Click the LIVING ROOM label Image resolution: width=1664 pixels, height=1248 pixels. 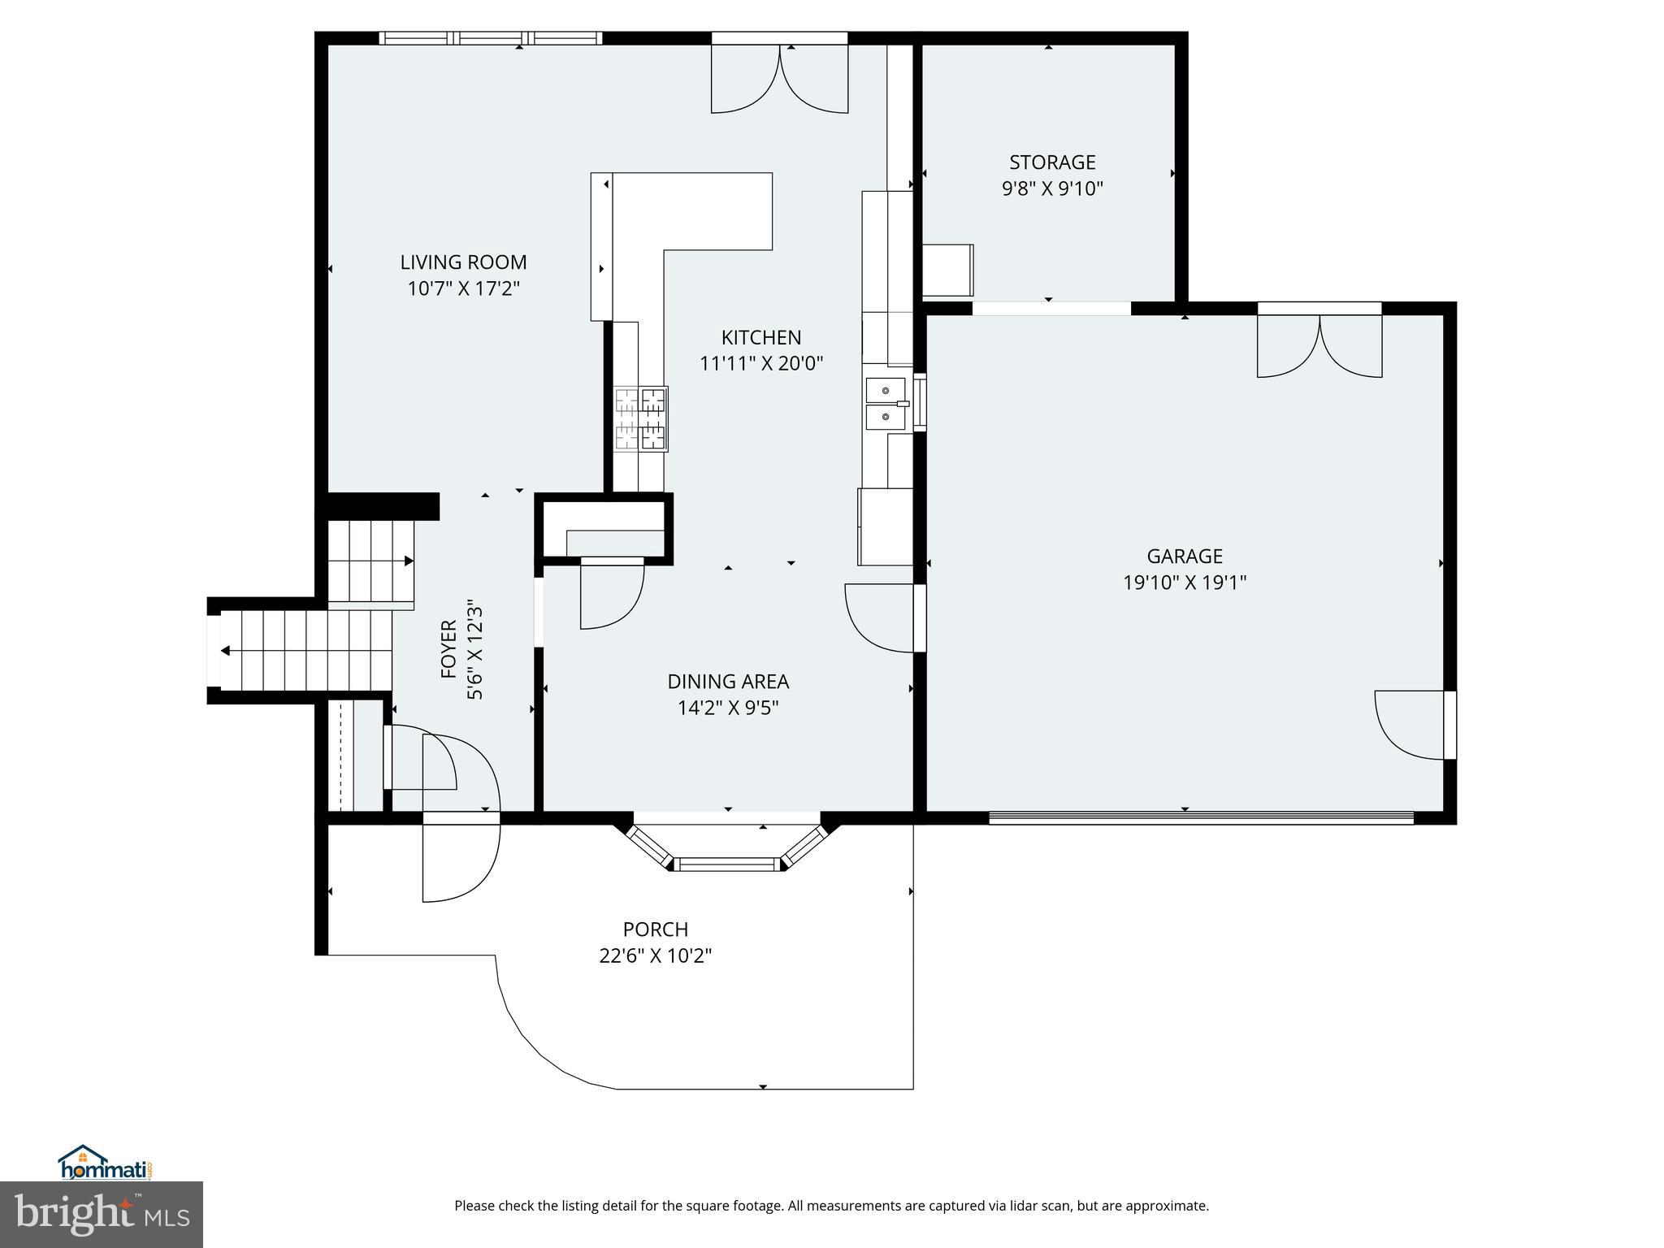463,262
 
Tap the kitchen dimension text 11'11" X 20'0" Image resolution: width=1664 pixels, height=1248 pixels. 761,363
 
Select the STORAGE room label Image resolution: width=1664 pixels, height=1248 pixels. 1052,162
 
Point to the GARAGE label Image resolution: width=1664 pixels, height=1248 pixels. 1184,557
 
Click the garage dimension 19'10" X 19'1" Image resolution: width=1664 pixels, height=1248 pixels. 1184,583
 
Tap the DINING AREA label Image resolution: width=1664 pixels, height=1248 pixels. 728,682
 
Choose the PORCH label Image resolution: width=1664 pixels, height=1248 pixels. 655,929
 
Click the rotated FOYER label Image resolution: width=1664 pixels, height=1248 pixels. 448,649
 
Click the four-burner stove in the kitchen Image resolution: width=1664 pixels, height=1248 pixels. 641,418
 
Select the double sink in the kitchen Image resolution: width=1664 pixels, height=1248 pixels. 886,403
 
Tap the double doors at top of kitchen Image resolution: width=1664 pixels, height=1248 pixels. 779,77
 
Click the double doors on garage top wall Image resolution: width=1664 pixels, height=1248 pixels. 1319,345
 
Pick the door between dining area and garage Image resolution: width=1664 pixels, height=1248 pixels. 882,617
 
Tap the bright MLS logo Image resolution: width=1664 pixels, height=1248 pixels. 102,1215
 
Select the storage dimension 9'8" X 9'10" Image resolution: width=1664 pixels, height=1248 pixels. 1052,189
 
